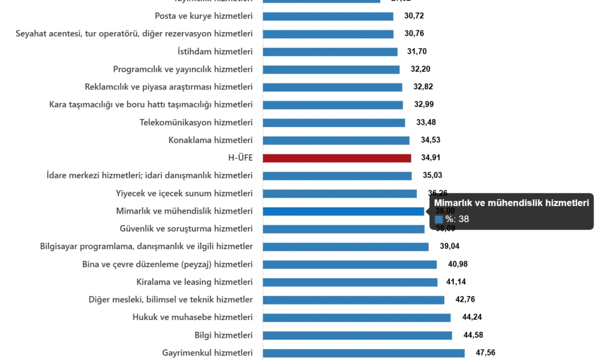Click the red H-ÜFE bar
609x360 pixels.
337,158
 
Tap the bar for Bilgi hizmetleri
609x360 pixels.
359,335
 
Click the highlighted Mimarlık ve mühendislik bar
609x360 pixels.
343,212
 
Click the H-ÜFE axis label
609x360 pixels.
241,158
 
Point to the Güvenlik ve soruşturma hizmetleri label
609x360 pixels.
188,228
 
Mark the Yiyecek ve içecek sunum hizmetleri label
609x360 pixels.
186,193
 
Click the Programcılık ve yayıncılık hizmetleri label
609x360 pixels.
183,69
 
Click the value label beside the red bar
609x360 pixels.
431,158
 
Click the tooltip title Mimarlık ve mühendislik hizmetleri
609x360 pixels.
511,203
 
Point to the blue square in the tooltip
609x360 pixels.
438,219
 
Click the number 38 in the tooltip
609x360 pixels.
463,219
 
